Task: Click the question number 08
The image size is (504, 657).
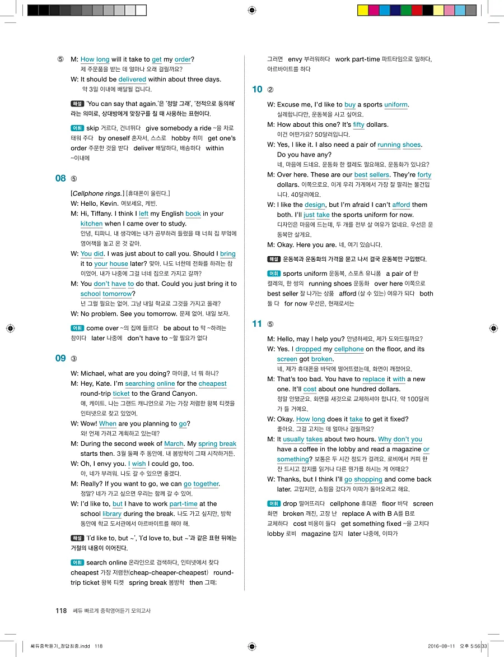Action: (60, 178)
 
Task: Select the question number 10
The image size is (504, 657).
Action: (257, 89)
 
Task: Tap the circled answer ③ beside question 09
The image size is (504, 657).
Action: (74, 359)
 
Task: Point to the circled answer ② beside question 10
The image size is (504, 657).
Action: (270, 89)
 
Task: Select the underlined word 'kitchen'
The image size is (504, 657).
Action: (91, 224)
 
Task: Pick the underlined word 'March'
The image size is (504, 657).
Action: (174, 443)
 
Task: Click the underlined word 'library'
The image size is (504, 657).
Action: (112, 513)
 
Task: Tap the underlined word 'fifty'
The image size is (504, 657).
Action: (358, 124)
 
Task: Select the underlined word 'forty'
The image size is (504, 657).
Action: (424, 175)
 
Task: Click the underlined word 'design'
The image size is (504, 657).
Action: (315, 205)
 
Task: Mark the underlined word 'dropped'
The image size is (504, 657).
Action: (308, 349)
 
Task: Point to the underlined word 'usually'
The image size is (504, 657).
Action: (293, 439)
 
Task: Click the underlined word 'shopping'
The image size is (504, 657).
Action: (368, 479)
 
